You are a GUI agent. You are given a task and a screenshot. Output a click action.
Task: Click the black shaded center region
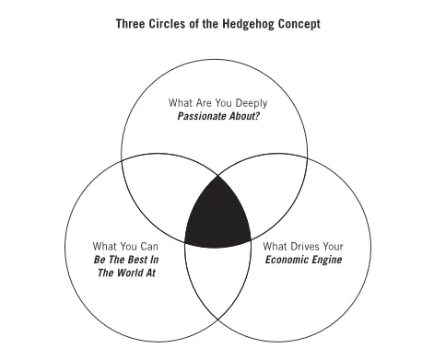click(217, 215)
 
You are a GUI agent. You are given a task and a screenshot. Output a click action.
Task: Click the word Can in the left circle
click(147, 247)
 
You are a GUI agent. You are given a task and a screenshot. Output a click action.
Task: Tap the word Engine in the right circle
click(326, 261)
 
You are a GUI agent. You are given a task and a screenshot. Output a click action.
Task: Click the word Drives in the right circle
click(304, 247)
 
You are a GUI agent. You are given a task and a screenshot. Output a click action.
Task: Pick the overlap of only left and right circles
click(217, 276)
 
